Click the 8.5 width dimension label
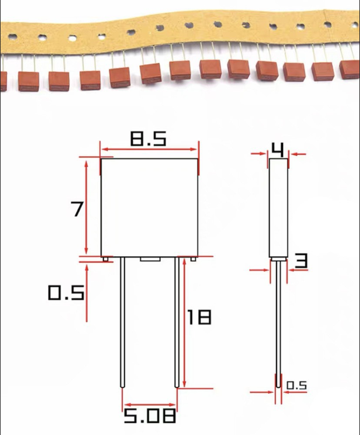coord(148,139)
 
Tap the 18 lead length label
coord(199,317)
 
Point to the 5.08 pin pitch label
coord(150,416)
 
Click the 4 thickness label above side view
coord(278,149)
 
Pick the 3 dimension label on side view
coord(301,261)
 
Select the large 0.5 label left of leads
coord(66,292)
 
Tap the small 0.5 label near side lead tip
coord(296,385)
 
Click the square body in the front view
coord(149,207)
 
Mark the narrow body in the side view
coord(279,207)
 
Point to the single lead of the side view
coord(278,323)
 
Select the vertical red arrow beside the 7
coord(86,207)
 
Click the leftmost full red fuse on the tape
coord(27,81)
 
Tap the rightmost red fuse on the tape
coord(349,69)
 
